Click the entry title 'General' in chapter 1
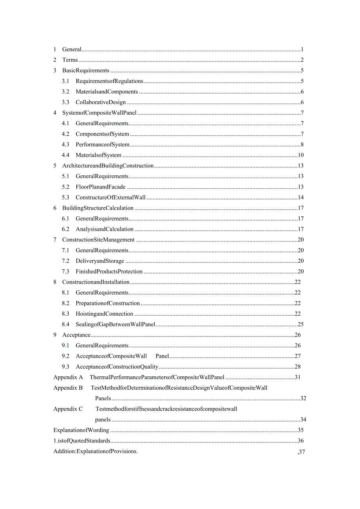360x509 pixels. tap(72, 49)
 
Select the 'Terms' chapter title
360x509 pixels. tap(70, 60)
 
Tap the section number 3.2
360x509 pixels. tap(65, 92)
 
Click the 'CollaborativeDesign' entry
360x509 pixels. tap(101, 102)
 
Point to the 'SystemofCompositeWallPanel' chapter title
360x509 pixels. tap(99, 113)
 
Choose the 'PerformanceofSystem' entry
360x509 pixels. tap(103, 144)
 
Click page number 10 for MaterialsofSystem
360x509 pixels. tap(301, 155)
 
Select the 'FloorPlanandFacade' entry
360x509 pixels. tap(101, 187)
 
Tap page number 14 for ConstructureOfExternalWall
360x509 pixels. tap(301, 197)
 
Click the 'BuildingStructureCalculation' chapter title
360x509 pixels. tap(98, 208)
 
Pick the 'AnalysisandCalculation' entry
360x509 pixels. tap(104, 229)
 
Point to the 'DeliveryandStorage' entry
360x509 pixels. tap(100, 261)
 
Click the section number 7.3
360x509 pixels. tap(65, 271)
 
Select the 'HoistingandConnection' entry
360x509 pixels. tap(104, 313)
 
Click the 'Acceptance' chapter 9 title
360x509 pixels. tap(76, 335)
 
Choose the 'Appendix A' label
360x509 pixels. tap(68, 377)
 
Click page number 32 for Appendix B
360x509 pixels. tap(303, 398)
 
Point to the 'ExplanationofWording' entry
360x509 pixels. tap(81, 430)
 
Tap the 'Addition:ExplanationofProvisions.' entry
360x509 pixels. tap(95, 451)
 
